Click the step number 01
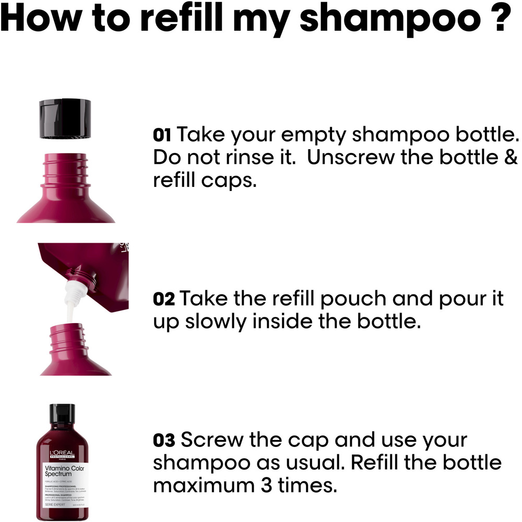click(x=162, y=136)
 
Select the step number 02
click(x=164, y=300)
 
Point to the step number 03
click(x=164, y=441)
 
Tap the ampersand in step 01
click(x=512, y=158)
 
